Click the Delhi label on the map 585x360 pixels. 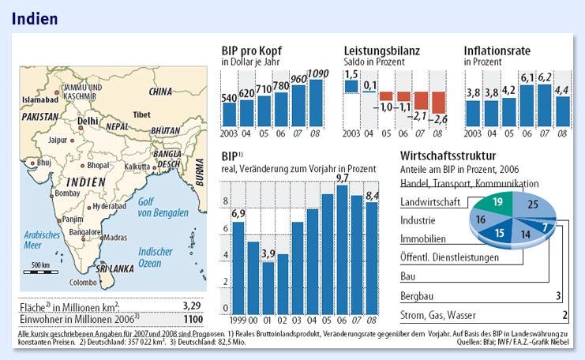pyautogui.click(x=88, y=121)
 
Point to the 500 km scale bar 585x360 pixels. pyautogui.click(x=39, y=270)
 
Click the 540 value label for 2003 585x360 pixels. pyautogui.click(x=229, y=98)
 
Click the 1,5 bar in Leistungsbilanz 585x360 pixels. pyautogui.click(x=351, y=85)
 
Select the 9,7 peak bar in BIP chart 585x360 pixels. pyautogui.click(x=343, y=249)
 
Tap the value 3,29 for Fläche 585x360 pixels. pyautogui.click(x=192, y=304)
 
